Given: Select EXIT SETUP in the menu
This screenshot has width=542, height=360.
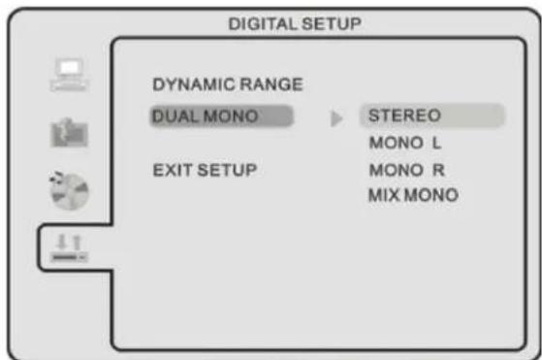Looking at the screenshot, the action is (205, 170).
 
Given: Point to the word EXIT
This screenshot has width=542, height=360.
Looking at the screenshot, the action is (173, 170).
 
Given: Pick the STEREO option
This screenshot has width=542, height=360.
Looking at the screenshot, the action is (404, 115).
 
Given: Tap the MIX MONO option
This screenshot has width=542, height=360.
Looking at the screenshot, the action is (413, 195).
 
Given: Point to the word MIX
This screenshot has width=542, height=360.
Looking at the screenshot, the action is (382, 195).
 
